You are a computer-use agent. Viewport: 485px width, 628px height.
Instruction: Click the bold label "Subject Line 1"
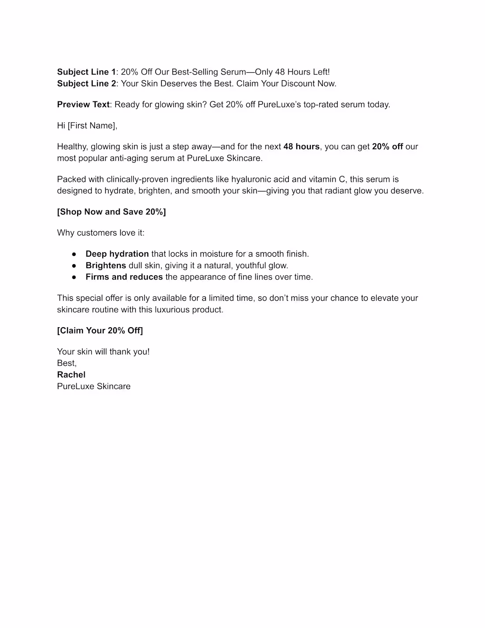pos(86,72)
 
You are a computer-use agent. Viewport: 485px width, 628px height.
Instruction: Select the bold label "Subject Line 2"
pos(86,83)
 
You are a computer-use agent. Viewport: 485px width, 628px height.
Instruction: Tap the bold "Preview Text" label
pos(83,105)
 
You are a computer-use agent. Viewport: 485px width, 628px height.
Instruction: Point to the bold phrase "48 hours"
pos(301,146)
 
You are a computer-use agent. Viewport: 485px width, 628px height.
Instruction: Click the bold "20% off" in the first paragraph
pos(387,146)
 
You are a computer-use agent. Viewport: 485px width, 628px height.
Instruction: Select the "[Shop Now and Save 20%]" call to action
pos(112,212)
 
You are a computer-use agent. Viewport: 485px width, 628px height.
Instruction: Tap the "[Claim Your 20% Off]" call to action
pos(100,330)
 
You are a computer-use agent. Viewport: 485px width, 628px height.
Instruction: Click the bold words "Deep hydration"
pos(117,254)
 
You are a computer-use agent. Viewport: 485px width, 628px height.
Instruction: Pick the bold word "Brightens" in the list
pos(106,265)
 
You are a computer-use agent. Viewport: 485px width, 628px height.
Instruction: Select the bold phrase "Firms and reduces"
pos(124,277)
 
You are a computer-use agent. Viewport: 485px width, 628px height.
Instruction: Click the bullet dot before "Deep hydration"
pos(75,254)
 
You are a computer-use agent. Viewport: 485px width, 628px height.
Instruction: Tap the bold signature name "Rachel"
pos(71,374)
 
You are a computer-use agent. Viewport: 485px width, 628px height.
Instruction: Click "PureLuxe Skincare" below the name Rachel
pos(94,386)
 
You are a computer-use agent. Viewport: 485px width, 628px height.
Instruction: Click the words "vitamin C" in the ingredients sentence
pos(327,179)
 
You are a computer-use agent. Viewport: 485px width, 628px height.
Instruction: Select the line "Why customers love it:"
pos(101,233)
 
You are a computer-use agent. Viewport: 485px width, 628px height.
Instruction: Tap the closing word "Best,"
pos(67,363)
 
